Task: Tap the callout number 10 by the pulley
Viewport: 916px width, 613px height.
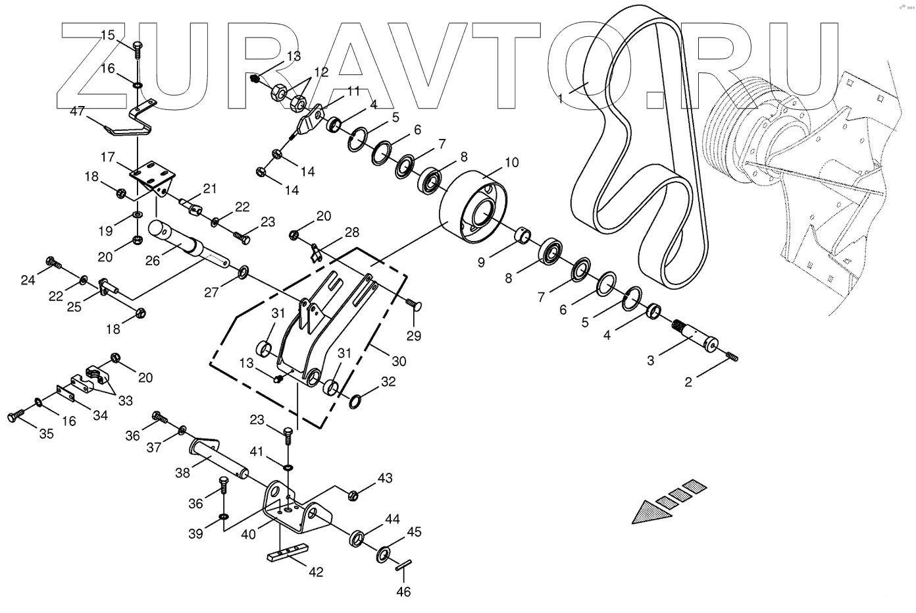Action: pyautogui.click(x=512, y=161)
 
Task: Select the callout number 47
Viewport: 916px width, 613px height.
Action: pyautogui.click(x=77, y=112)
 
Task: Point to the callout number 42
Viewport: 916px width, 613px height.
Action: pyautogui.click(x=316, y=572)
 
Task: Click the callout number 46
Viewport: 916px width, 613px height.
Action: pyautogui.click(x=403, y=592)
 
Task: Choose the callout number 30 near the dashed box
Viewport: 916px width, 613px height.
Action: pyautogui.click(x=399, y=361)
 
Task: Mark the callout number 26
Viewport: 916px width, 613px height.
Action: pyautogui.click(x=153, y=260)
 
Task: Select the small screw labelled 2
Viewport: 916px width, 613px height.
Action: pyautogui.click(x=732, y=357)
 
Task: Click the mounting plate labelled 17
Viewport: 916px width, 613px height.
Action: pyautogui.click(x=154, y=174)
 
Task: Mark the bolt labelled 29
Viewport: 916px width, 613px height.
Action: pyautogui.click(x=415, y=305)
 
